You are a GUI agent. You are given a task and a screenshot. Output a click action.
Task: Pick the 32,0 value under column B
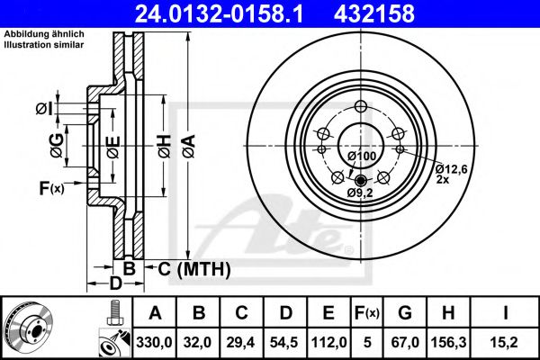coord(199,341)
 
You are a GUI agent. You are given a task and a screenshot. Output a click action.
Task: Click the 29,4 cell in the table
coord(242,341)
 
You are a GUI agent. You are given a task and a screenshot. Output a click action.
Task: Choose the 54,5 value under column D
coord(285,341)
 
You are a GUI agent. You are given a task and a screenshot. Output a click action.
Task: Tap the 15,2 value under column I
coord(508,341)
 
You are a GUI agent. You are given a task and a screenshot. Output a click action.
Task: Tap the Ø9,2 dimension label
coord(360,192)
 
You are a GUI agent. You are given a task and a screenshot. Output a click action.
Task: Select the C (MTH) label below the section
coord(194,268)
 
